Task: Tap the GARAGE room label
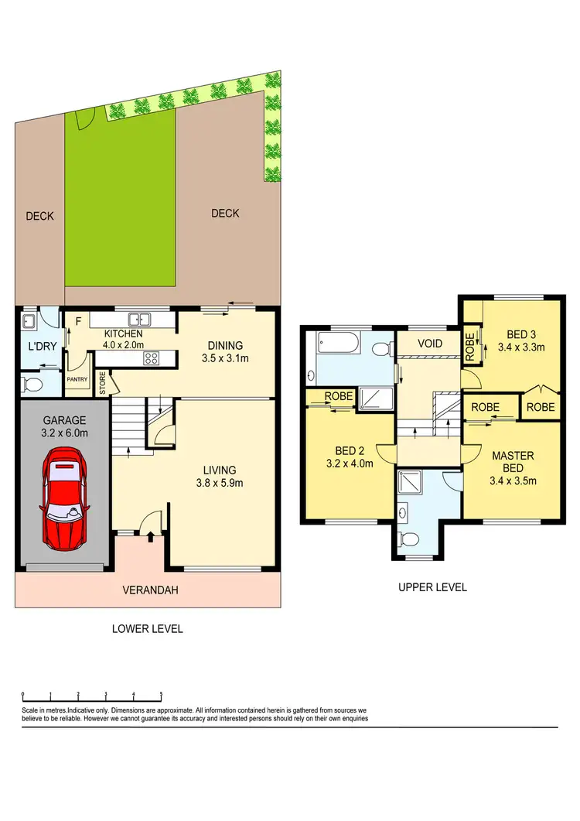click(63, 421)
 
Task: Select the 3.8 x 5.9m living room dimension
click(220, 484)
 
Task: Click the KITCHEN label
click(124, 334)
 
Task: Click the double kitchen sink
click(140, 318)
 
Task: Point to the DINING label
click(225, 345)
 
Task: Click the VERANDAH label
click(150, 590)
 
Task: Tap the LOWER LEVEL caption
click(147, 629)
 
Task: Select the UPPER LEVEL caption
click(432, 587)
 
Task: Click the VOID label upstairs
click(429, 343)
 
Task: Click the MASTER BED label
click(513, 462)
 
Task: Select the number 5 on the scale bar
click(161, 695)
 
